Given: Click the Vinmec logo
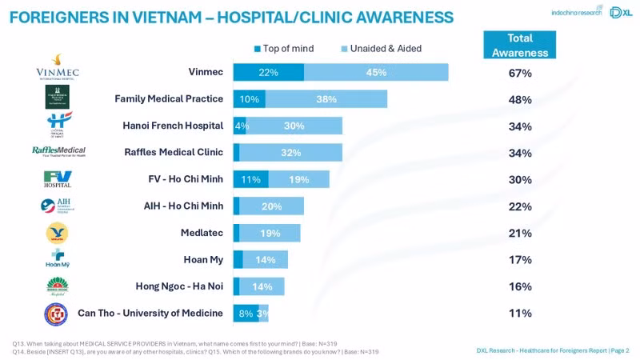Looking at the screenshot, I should click(x=57, y=67).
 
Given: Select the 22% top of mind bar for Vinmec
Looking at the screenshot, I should click(x=268, y=73).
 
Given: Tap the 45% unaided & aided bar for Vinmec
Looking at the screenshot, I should click(x=376, y=73).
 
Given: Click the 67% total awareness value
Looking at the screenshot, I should click(x=520, y=74).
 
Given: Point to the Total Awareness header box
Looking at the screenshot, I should click(x=520, y=46).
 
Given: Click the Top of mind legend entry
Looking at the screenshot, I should click(x=283, y=49).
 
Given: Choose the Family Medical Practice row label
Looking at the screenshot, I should click(x=169, y=98).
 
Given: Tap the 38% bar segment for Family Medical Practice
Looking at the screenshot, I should click(x=326, y=99).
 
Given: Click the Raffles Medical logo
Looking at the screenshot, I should click(x=58, y=151).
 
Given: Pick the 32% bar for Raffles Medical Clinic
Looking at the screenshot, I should click(x=290, y=153).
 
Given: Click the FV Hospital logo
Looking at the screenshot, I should click(x=57, y=179).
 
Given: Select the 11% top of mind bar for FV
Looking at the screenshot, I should click(x=250, y=179).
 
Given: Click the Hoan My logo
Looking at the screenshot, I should click(x=57, y=259).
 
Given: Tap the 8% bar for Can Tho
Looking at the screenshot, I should click(x=245, y=313).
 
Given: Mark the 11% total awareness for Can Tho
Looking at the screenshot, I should click(x=520, y=313).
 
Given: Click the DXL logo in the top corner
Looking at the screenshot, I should click(x=620, y=12).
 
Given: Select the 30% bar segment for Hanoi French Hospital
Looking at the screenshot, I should click(x=294, y=126).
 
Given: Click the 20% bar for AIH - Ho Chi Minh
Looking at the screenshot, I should click(x=271, y=206).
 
